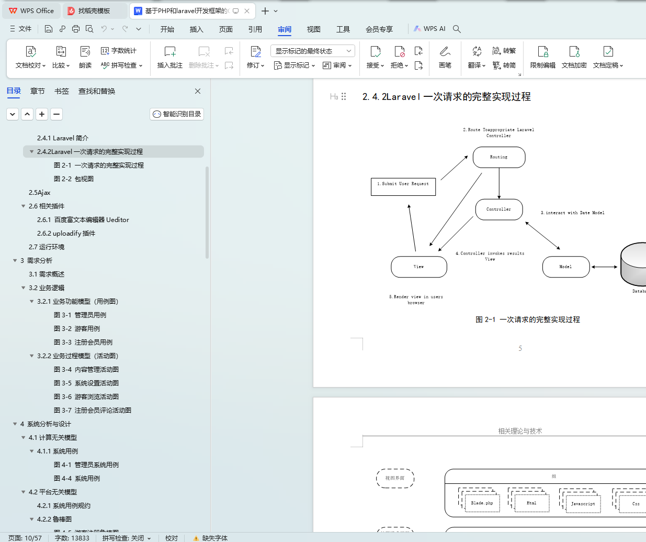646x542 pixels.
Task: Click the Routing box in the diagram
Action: pos(498,157)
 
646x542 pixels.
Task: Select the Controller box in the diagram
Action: pos(498,209)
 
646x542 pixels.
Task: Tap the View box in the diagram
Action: pos(418,267)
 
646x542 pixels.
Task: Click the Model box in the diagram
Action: pos(565,267)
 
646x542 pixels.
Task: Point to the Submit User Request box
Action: pos(403,186)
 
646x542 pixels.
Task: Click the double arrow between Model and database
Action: pos(605,267)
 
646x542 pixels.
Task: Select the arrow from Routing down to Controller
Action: pos(499,183)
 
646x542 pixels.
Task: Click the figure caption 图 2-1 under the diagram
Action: pos(527,319)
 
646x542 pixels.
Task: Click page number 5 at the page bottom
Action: pos(520,348)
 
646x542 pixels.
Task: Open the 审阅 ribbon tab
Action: pos(285,29)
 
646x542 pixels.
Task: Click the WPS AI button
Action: pos(429,29)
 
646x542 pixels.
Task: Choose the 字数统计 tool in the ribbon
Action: pos(119,51)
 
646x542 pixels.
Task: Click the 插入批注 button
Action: pos(169,57)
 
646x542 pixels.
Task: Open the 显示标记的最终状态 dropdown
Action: pos(312,51)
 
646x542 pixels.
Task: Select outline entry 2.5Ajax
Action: pos(40,193)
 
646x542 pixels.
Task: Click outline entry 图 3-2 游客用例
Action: pos(77,329)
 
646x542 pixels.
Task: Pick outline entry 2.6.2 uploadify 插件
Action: pos(66,234)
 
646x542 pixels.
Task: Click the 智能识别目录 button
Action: pos(177,114)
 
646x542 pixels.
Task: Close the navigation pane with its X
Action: pos(198,91)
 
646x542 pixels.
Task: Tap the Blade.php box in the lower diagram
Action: pos(482,503)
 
